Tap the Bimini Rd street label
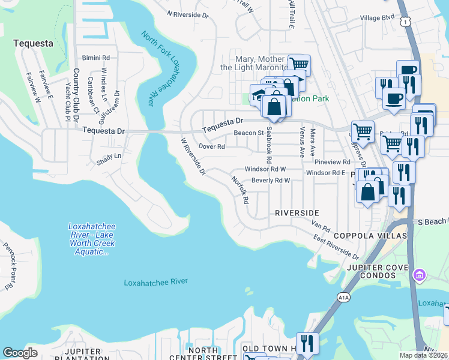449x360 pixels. tap(97, 58)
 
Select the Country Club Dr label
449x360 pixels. tap(76, 97)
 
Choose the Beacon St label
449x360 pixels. tap(249, 133)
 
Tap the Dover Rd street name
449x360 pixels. tap(211, 146)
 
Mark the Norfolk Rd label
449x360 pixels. tap(239, 190)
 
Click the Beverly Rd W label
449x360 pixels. tap(271, 181)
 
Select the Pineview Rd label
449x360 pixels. tap(336, 162)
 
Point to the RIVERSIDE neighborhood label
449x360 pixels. tap(297, 213)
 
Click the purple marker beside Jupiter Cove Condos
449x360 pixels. tap(420, 275)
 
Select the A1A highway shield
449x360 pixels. tap(343, 297)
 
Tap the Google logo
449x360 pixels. tap(20, 353)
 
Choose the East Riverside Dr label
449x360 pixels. tap(337, 246)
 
